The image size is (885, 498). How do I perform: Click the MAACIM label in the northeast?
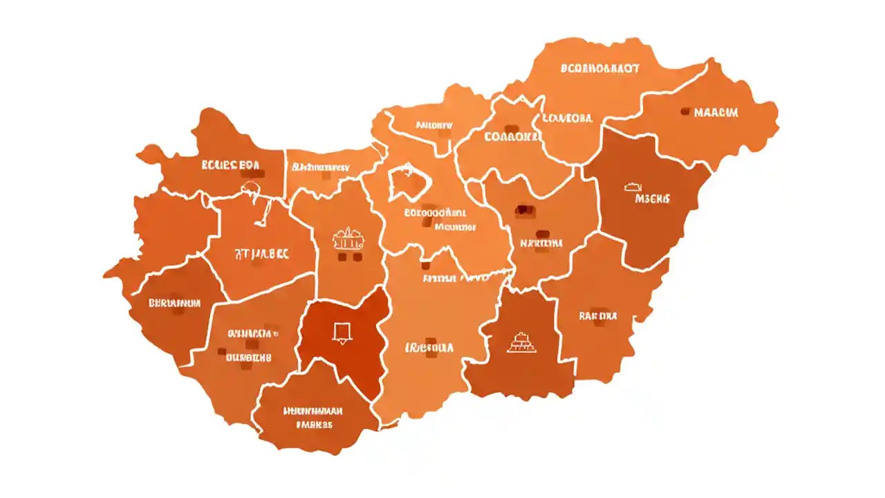pos(716,113)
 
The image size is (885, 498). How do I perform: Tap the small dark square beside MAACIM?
pos(686,111)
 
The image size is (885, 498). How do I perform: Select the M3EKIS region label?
pos(652,199)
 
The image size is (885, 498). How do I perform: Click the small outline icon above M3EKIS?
pos(633,186)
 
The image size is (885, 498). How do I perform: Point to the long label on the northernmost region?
pos(599,69)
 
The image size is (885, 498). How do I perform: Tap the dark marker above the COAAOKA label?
pos(512,129)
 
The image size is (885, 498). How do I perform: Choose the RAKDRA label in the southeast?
pos(597,316)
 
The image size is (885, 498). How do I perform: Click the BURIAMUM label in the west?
pos(174,303)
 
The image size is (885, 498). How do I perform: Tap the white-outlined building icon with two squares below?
pos(348,241)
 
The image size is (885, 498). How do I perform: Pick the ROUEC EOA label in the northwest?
pos(230,165)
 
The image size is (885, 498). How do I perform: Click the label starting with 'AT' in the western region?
pos(261,254)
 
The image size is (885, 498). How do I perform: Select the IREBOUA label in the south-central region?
pos(429,348)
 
